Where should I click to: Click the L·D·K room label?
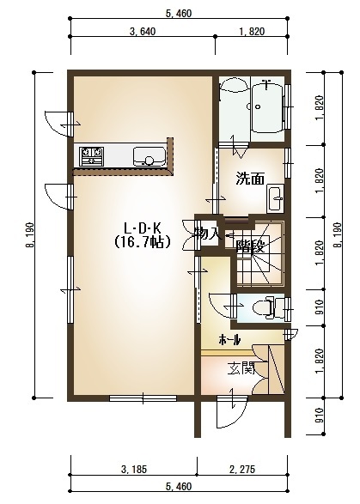(x=143, y=228)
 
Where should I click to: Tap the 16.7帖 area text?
(x=143, y=241)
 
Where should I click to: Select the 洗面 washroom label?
(x=250, y=179)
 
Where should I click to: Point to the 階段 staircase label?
(x=250, y=247)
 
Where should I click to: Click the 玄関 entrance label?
(x=241, y=368)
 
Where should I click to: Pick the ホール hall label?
(x=229, y=339)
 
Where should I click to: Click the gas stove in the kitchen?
(x=92, y=156)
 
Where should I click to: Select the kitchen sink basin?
(x=149, y=156)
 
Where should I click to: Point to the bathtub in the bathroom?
(x=267, y=107)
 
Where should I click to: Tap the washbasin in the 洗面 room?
(x=276, y=199)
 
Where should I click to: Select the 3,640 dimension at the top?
(x=143, y=32)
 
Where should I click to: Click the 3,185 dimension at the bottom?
(x=134, y=470)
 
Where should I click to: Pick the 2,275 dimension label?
(x=242, y=470)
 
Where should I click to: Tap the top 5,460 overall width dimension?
(x=179, y=14)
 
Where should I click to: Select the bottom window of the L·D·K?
(x=143, y=398)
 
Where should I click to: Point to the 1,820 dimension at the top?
(x=252, y=32)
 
